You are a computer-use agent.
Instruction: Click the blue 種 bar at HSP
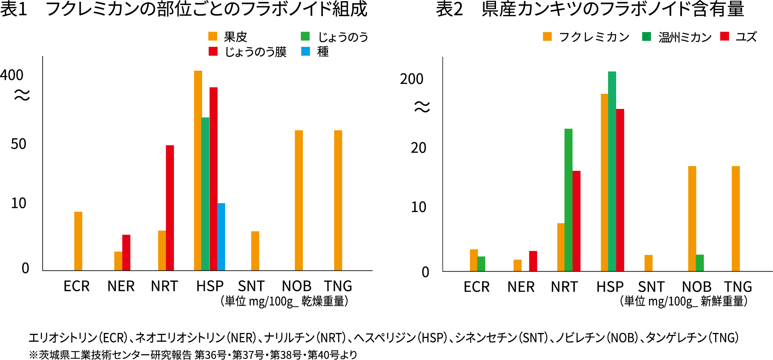[x=221, y=236]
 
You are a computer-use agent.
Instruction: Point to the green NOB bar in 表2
[x=700, y=263]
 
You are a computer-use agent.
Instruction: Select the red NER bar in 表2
[x=533, y=261]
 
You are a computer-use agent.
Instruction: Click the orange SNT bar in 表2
[x=648, y=263]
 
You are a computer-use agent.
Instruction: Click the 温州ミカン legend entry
[x=677, y=37]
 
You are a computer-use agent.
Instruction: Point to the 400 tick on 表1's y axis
[x=12, y=75]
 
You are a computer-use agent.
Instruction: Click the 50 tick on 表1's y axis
[x=19, y=144]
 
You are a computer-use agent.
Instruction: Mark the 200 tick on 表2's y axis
[x=412, y=79]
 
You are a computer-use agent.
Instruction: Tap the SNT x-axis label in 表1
[x=251, y=286]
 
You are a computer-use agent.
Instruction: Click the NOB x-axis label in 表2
[x=697, y=287]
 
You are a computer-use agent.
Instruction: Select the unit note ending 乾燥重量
[x=284, y=301]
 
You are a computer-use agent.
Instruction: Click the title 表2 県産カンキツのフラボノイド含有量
[x=590, y=9]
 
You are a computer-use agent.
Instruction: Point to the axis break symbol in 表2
[x=422, y=107]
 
